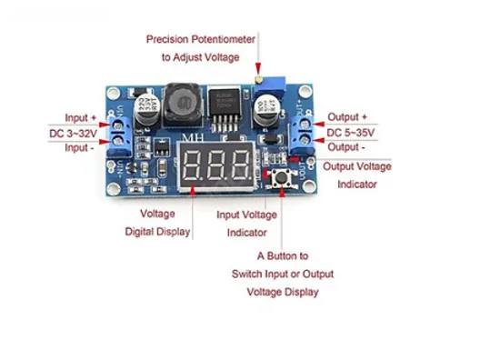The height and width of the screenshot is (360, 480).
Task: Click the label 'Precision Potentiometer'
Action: pyautogui.click(x=201, y=39)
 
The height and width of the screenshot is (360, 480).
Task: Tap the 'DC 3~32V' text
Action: pyautogui.click(x=73, y=134)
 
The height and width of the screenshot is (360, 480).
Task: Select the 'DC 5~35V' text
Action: pyautogui.click(x=351, y=133)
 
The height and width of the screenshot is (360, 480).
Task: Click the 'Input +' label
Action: pyautogui.click(x=81, y=118)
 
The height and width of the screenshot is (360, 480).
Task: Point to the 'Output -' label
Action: pyautogui.click(x=346, y=147)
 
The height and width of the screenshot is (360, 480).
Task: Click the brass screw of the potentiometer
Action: pyautogui.click(x=258, y=80)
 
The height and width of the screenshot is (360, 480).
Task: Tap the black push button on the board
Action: pyautogui.click(x=281, y=177)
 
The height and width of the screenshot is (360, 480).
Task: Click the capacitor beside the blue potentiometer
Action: pyautogui.click(x=266, y=111)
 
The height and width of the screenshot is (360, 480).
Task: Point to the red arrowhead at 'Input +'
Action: pyautogui.click(x=105, y=125)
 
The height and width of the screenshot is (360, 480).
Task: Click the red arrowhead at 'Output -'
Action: pyautogui.click(x=319, y=140)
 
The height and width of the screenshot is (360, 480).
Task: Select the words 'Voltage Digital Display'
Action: pyautogui.click(x=157, y=223)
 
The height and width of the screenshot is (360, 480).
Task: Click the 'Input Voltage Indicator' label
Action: pyautogui.click(x=246, y=224)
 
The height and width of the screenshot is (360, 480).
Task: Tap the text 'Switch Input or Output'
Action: pyautogui.click(x=283, y=274)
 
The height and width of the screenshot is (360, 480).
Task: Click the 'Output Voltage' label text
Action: pyautogui.click(x=357, y=166)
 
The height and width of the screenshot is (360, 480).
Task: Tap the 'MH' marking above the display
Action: pyautogui.click(x=193, y=137)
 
